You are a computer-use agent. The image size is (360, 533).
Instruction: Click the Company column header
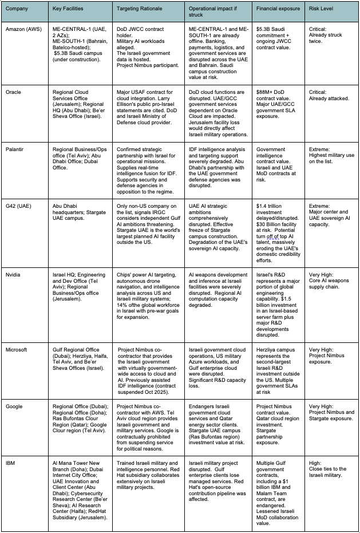(x=17, y=10)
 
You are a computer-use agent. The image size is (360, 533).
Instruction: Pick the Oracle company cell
(x=13, y=92)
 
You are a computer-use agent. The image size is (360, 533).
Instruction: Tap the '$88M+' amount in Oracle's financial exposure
(x=267, y=92)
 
